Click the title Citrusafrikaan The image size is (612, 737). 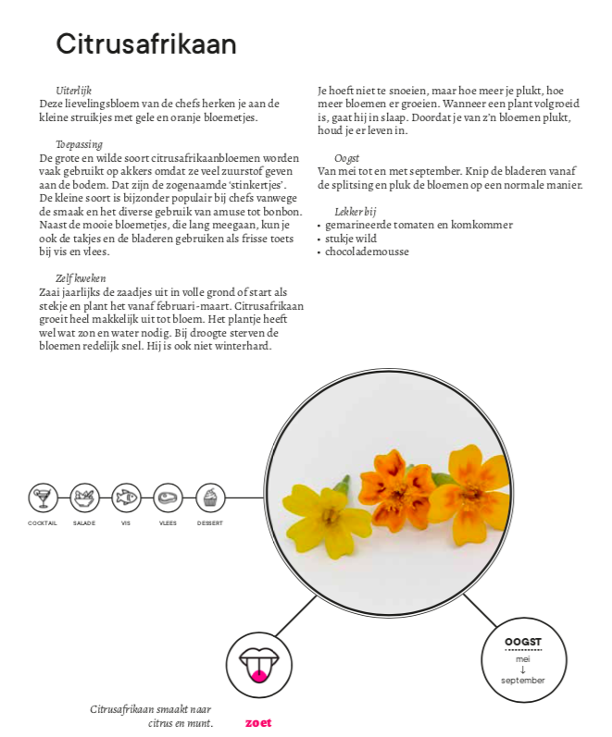pos(145,43)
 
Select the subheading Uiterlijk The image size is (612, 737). pos(73,91)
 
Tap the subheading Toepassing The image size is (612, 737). pos(78,144)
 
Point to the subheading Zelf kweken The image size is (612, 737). pos(81,277)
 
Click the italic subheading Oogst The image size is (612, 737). pos(346,158)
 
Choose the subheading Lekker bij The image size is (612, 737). pos(355,211)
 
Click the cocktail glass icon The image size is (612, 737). pos(42,498)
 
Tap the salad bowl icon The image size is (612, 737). pos(84,498)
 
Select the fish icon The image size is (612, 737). pos(126,498)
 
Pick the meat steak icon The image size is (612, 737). pos(168,498)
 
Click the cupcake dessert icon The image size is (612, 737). pos(210,498)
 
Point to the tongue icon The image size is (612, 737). pos(258,663)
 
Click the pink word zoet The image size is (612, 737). pos(258,722)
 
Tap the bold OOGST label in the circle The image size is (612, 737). pos(522,642)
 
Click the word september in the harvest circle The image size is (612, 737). pos(522,681)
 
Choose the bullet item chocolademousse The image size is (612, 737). pos(367,252)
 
